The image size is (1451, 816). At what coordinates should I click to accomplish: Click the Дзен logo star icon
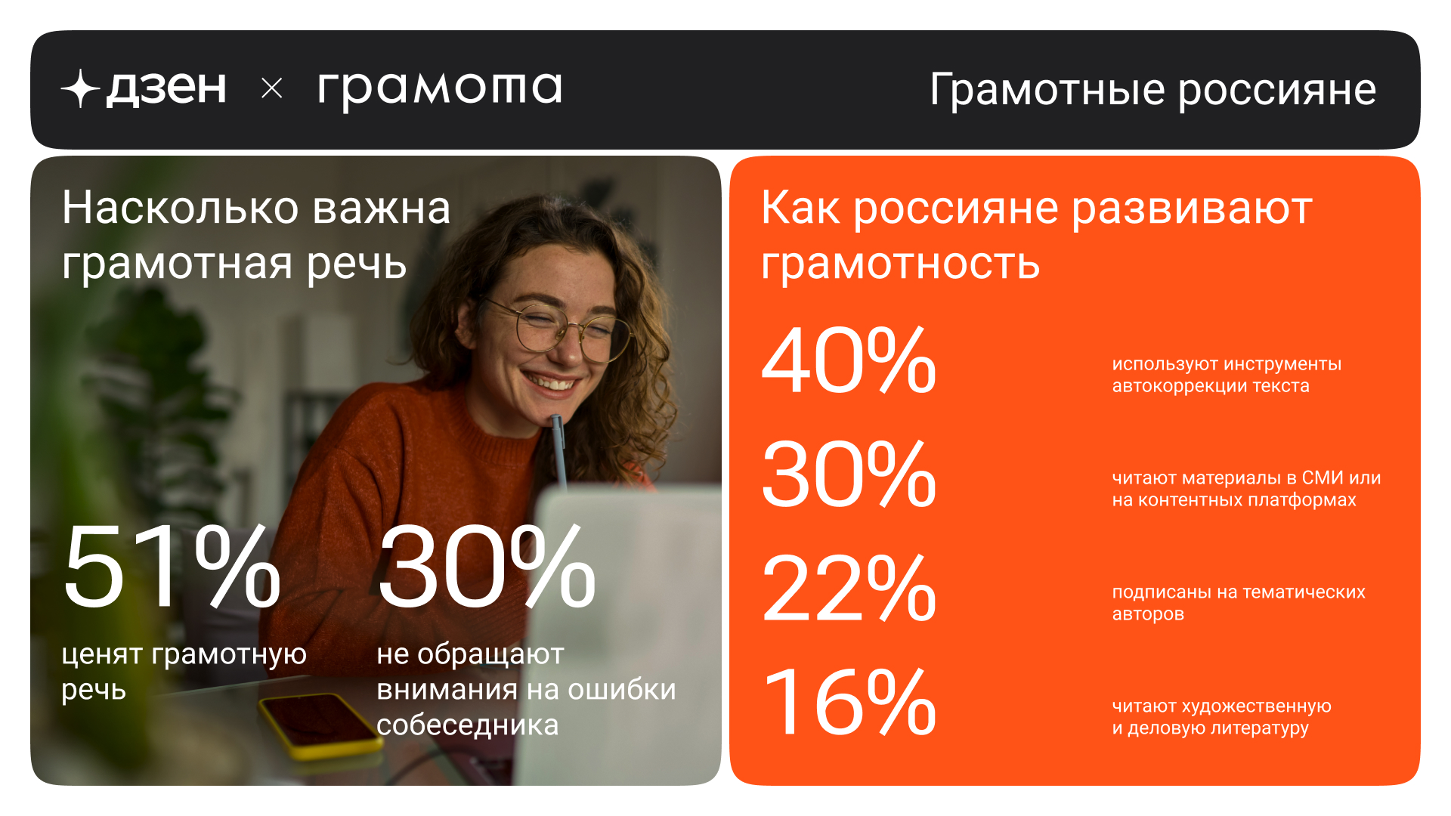(x=80, y=88)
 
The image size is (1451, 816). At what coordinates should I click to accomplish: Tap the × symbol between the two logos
(x=272, y=88)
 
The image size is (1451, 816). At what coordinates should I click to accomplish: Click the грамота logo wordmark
(x=440, y=89)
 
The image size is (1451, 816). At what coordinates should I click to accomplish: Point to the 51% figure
(x=172, y=567)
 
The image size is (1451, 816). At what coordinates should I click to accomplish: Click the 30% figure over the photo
(x=487, y=567)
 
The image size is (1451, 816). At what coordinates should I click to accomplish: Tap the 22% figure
(x=849, y=588)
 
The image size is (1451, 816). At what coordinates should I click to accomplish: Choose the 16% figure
(x=849, y=702)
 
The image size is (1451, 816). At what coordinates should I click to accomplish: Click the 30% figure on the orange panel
(x=849, y=474)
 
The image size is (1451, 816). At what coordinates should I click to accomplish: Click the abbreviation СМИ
(x=1323, y=478)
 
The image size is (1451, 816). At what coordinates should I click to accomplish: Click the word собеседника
(x=468, y=725)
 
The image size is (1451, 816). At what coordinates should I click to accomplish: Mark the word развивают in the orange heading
(x=1192, y=209)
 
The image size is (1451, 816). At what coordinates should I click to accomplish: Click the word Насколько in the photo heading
(x=181, y=208)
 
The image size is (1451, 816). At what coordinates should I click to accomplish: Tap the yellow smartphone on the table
(x=320, y=725)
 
